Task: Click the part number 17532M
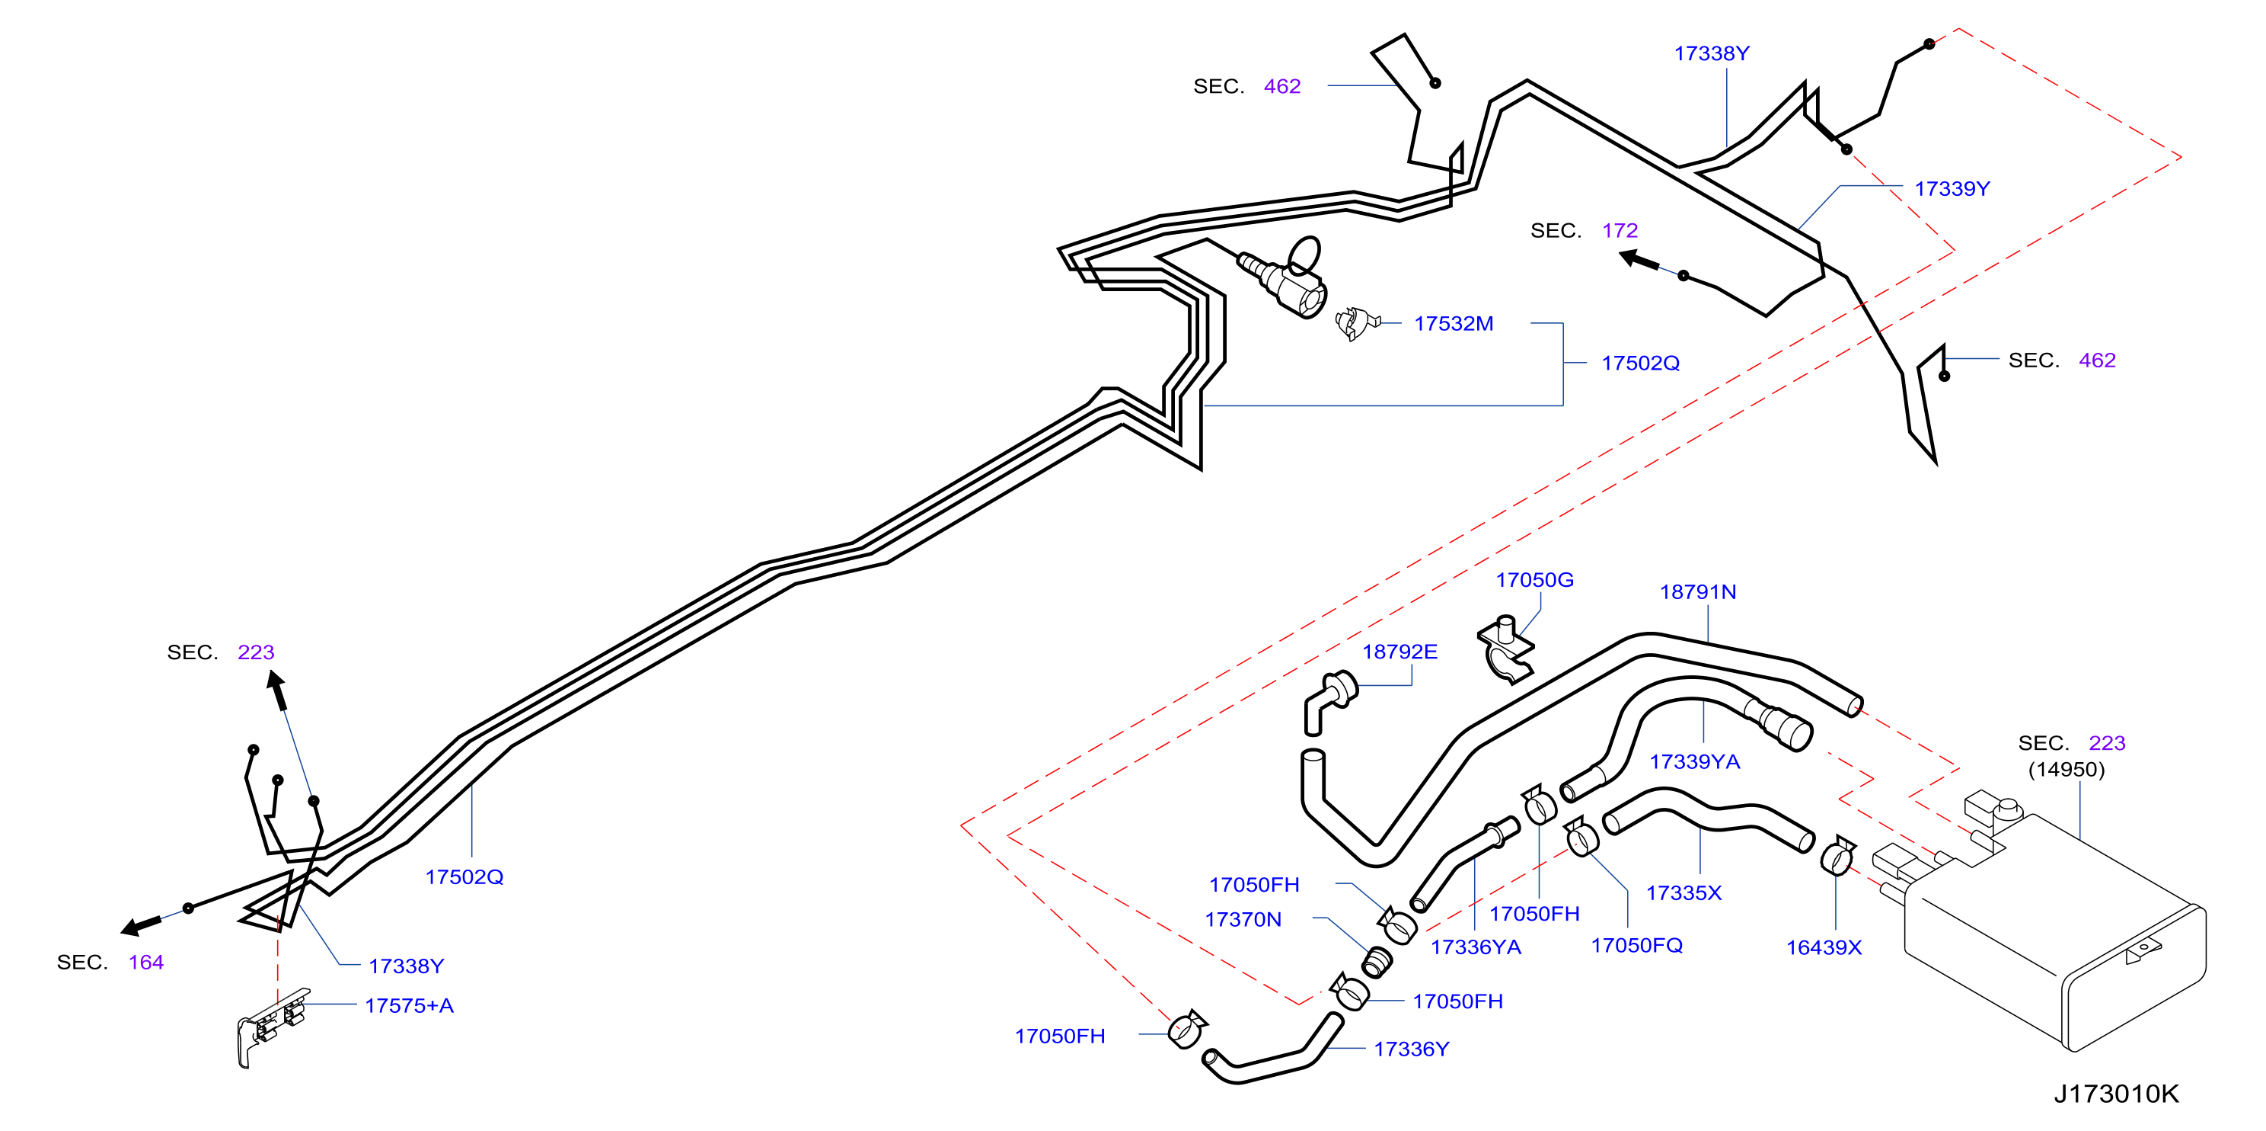tap(1454, 324)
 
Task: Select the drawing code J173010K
tap(2115, 1094)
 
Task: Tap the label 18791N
tap(1698, 592)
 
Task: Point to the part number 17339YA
tap(1694, 762)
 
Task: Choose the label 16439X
tap(1824, 948)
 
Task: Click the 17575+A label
tap(409, 1006)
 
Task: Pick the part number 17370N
tap(1243, 920)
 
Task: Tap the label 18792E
tap(1399, 652)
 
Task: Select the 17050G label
tap(1535, 581)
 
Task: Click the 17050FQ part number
tap(1636, 945)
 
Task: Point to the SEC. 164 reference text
tap(110, 963)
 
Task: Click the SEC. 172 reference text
tap(1584, 231)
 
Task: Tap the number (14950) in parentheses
tap(2067, 771)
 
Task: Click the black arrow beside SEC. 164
tap(141, 925)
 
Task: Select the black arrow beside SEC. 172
tap(1639, 261)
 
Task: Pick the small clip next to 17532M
tap(1355, 323)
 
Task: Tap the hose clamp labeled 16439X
tap(1837, 857)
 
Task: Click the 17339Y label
tap(1952, 189)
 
